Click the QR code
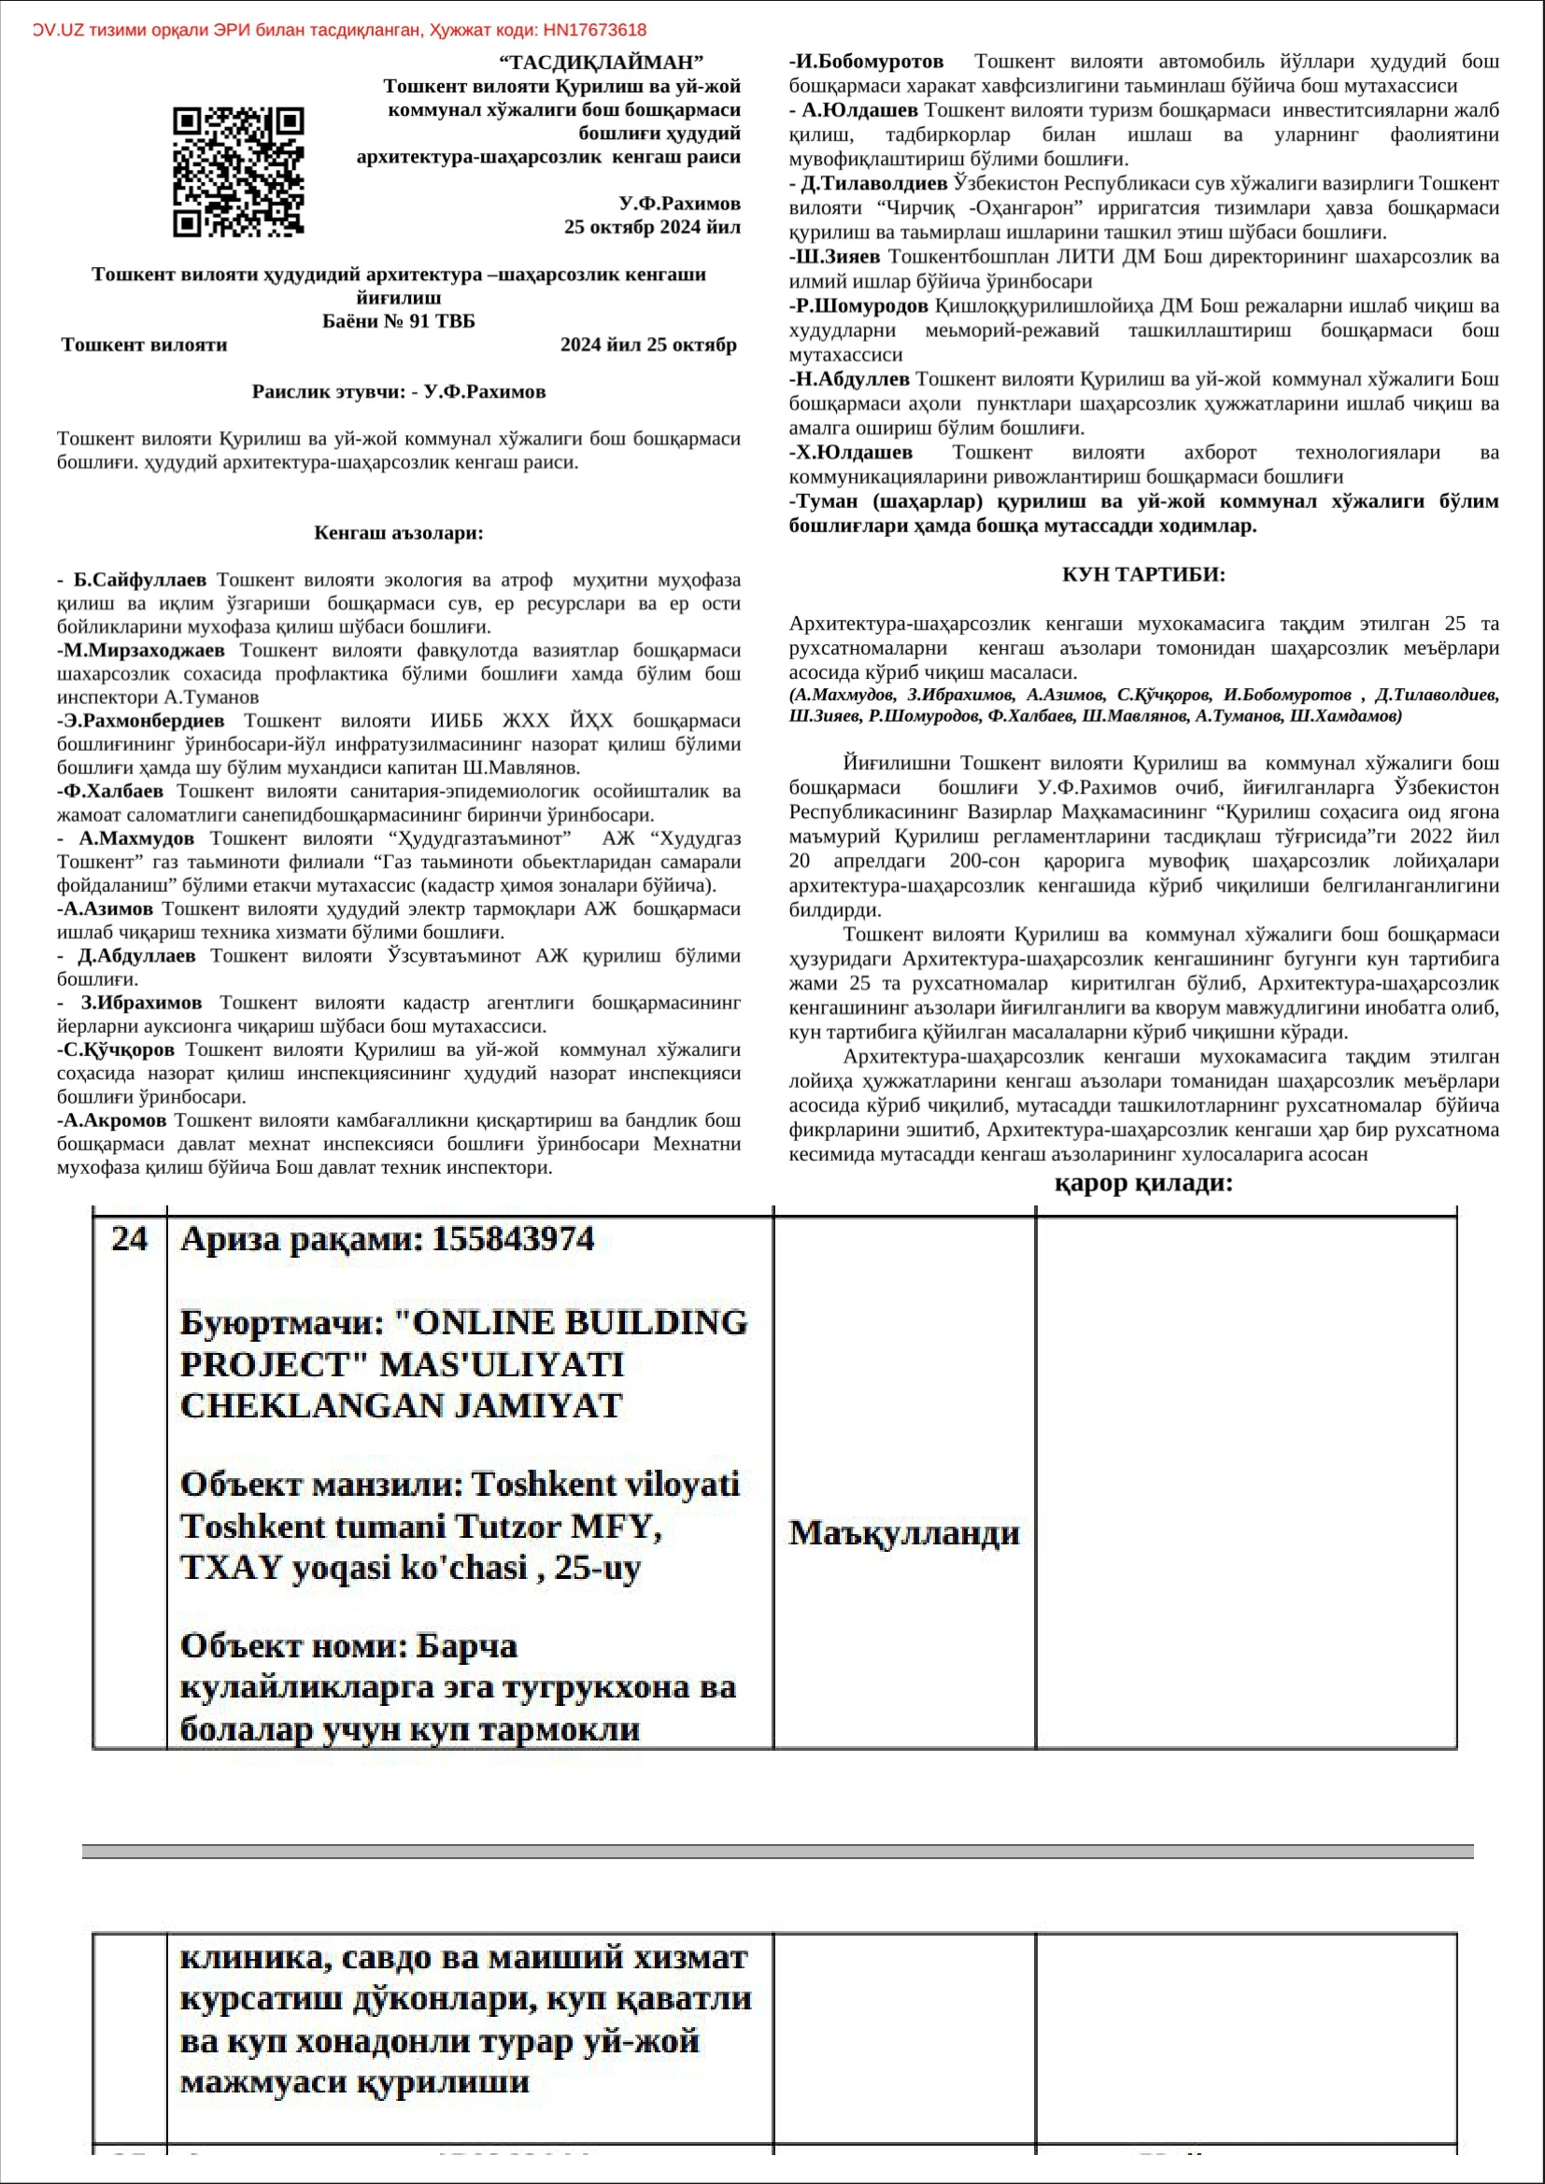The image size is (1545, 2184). point(238,172)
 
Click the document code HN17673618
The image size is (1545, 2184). point(595,31)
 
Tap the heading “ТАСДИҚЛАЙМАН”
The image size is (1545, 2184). point(602,63)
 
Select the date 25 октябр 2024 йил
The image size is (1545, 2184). point(652,227)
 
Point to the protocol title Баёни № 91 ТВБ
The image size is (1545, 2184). point(398,321)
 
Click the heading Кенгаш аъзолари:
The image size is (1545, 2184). point(399,532)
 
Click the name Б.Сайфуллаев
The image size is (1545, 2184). point(140,579)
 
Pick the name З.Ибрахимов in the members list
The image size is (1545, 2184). point(141,1003)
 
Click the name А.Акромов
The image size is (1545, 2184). point(114,1120)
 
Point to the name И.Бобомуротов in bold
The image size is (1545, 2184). point(869,62)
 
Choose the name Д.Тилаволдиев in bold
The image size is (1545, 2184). point(873,184)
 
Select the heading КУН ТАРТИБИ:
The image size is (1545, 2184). point(1143,574)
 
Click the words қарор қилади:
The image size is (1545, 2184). point(1143,1183)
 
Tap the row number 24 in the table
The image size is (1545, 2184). point(130,1238)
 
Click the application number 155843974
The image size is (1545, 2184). point(513,1238)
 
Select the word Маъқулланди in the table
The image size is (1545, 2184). point(904,1532)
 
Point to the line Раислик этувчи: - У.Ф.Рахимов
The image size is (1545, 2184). point(399,392)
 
